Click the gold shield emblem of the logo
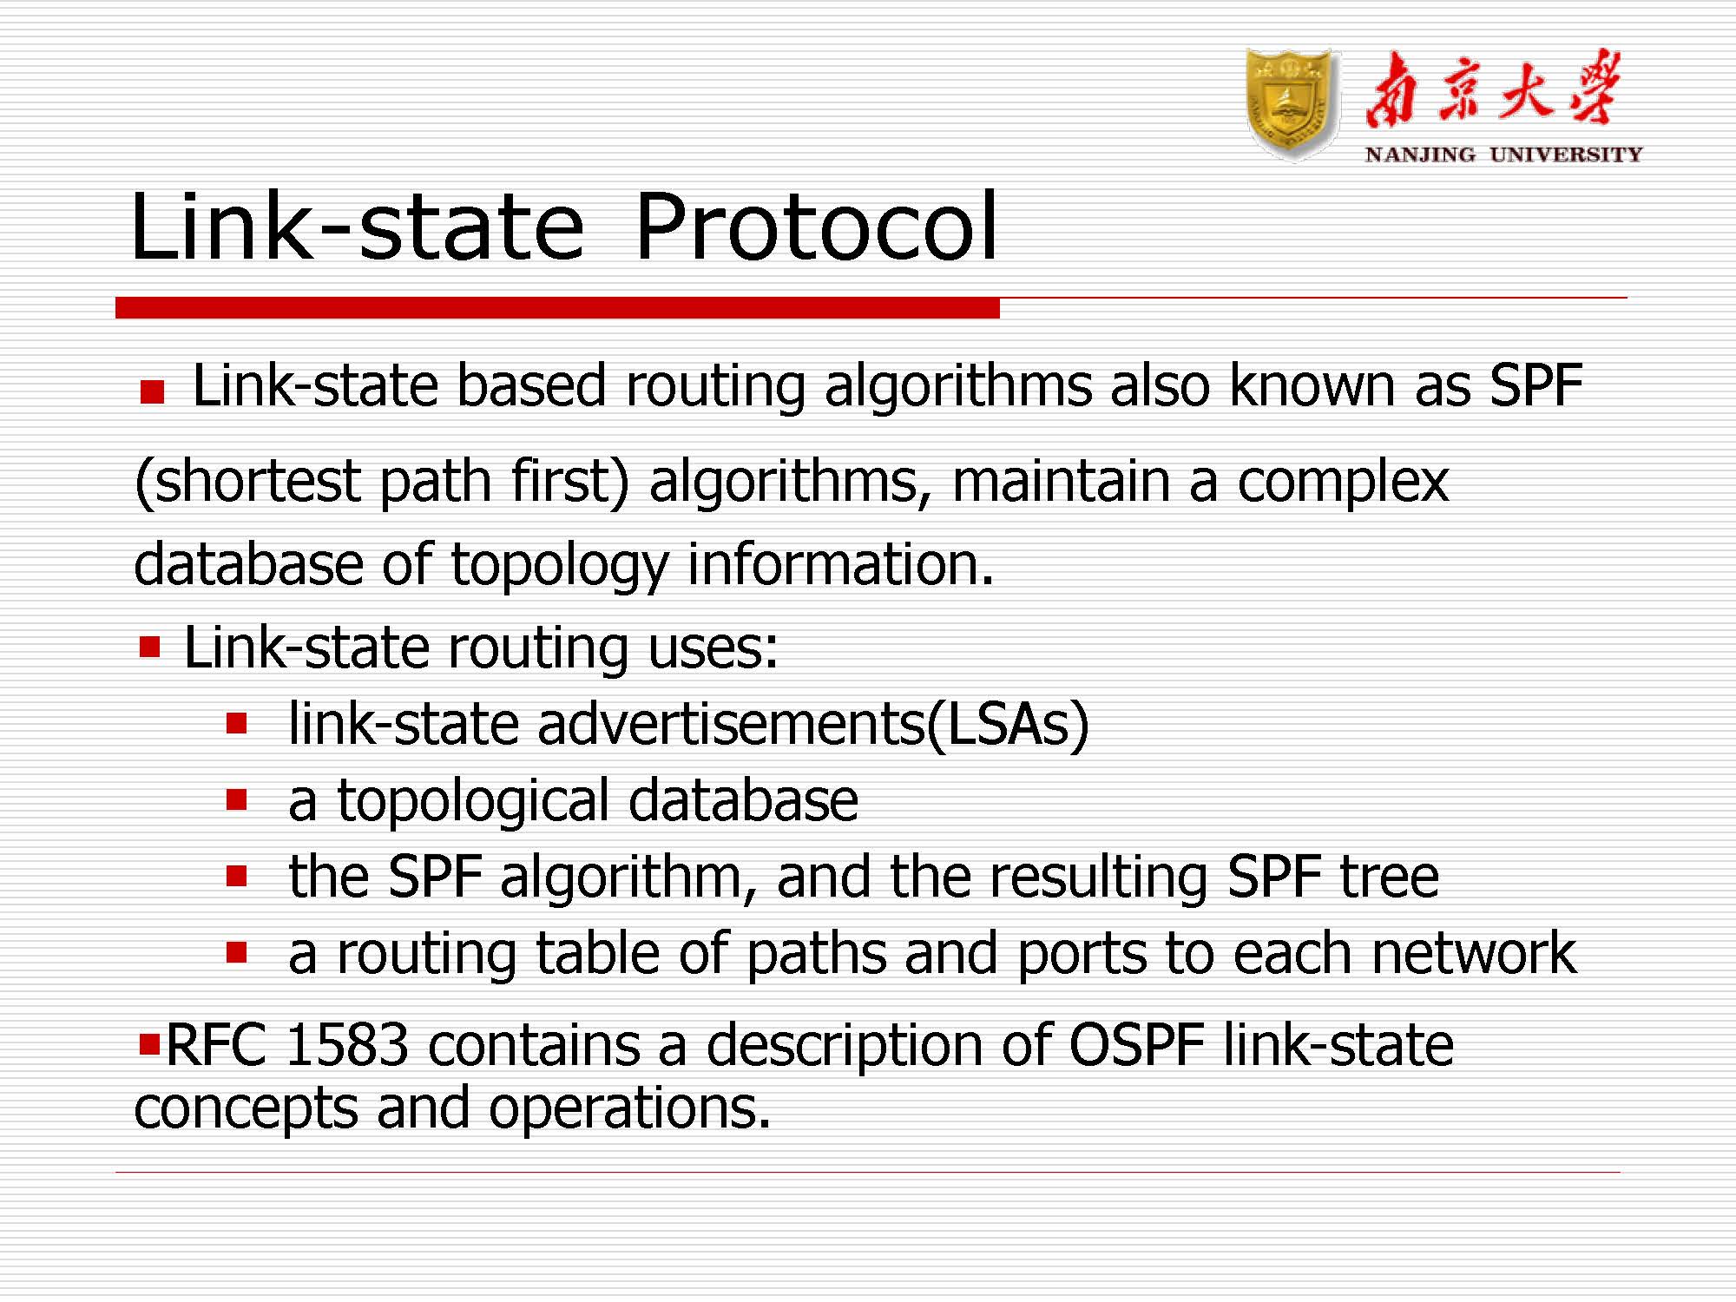[1292, 104]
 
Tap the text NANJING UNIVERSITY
[1503, 155]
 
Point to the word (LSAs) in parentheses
[1008, 724]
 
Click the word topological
[473, 802]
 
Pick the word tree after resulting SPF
[1390, 877]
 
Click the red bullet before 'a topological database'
[236, 799]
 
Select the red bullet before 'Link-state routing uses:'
[149, 647]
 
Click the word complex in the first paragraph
[1343, 483]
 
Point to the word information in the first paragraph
[840, 564]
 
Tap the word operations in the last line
[629, 1109]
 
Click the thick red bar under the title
[557, 308]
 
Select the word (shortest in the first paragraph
[247, 483]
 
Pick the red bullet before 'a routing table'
[236, 952]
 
